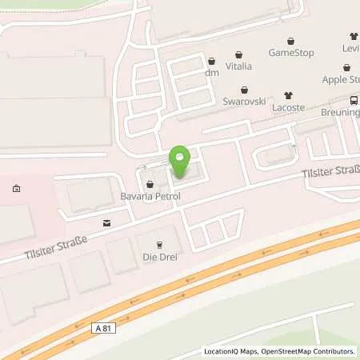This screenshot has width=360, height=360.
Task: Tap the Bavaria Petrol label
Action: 158,196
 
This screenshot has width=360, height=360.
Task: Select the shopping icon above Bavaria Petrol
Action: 150,184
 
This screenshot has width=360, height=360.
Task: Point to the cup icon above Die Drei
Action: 158,244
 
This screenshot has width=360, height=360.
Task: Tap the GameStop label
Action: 291,53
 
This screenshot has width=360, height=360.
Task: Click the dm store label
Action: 211,73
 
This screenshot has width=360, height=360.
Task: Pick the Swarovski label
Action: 243,103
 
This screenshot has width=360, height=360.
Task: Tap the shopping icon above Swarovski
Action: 243,90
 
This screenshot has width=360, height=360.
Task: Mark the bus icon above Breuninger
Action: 354,101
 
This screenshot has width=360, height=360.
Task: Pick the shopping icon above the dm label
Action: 211,61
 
